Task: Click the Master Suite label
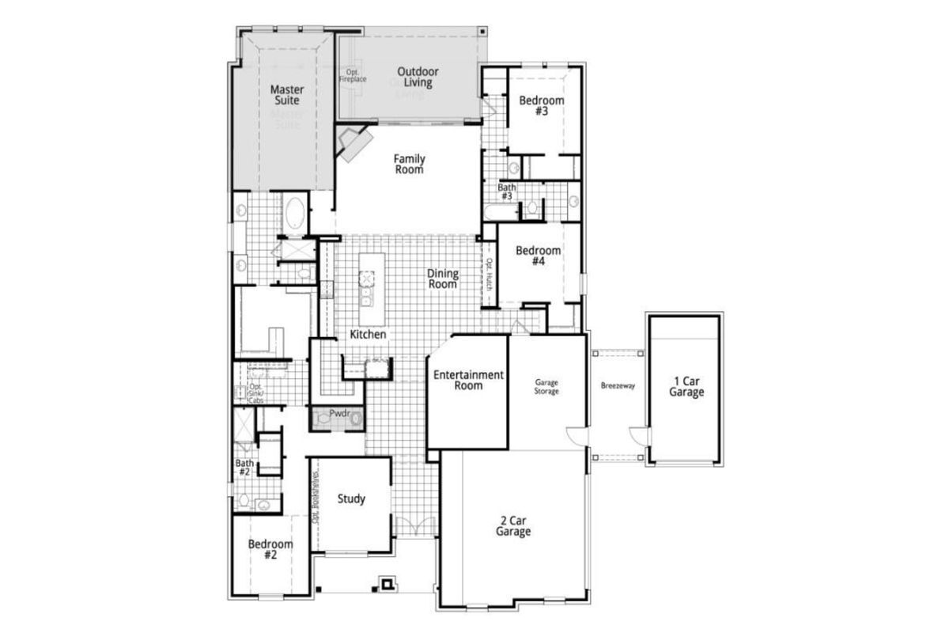[x=286, y=95]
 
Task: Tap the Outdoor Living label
[x=418, y=77]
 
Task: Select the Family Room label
[x=409, y=164]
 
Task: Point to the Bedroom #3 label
[x=541, y=106]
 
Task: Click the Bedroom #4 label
[x=538, y=256]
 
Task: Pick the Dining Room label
[x=443, y=279]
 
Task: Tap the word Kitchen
[x=369, y=335]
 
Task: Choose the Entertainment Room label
[x=468, y=380]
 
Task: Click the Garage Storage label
[x=546, y=386]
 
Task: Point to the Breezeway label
[x=618, y=386]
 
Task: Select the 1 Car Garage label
[x=685, y=386]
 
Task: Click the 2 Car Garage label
[x=513, y=526]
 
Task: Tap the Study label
[x=351, y=499]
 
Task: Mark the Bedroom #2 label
[x=270, y=549]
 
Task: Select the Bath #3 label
[x=506, y=191]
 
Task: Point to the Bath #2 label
[x=244, y=468]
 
